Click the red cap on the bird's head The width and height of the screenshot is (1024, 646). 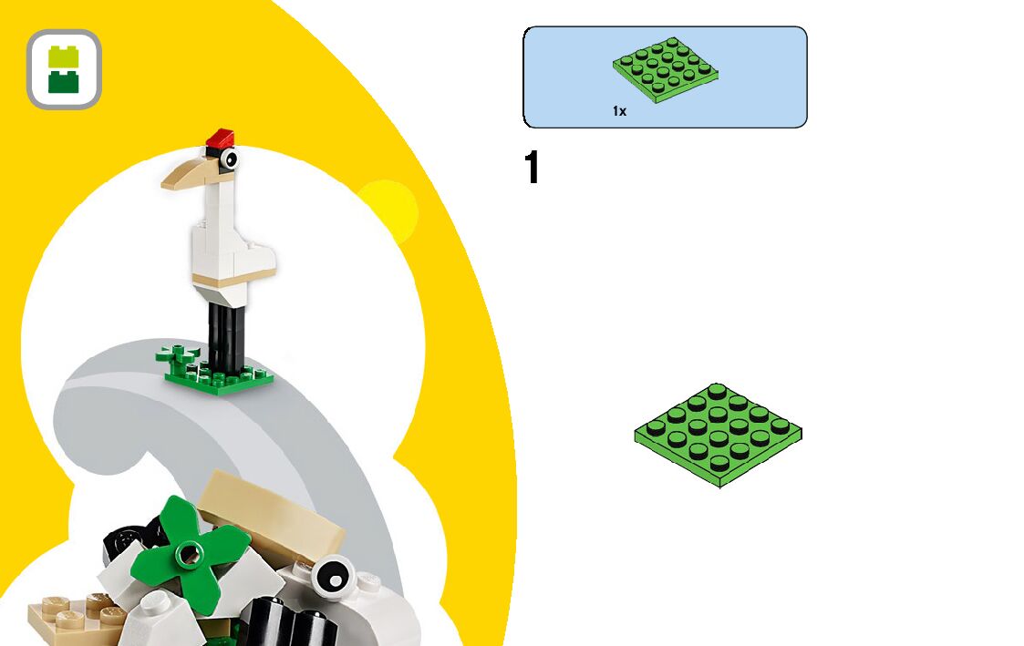(220, 138)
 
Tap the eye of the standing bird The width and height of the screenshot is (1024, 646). (227, 160)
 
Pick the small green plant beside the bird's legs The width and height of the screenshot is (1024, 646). (173, 354)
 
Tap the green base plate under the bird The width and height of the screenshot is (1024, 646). (219, 377)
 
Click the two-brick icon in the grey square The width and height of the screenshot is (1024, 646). (64, 69)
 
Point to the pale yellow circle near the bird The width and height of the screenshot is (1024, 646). (387, 210)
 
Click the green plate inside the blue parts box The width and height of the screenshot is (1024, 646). (667, 69)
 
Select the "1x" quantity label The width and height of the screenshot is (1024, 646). (619, 111)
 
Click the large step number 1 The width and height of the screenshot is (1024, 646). (533, 169)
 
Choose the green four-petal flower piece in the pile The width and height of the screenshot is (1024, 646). (189, 552)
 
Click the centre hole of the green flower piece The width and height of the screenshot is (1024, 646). (189, 551)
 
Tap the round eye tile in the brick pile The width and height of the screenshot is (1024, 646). (332, 576)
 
